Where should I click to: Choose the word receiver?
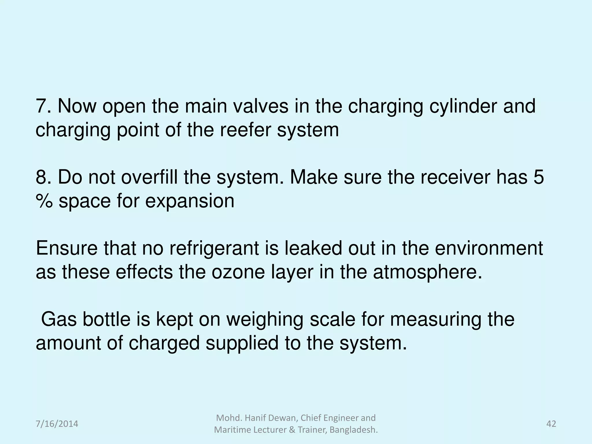(454, 177)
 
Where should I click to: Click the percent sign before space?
(44, 201)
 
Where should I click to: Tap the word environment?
(489, 248)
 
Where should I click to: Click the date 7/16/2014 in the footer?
(57, 424)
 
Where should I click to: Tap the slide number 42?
(551, 424)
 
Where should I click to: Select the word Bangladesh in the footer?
(354, 430)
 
